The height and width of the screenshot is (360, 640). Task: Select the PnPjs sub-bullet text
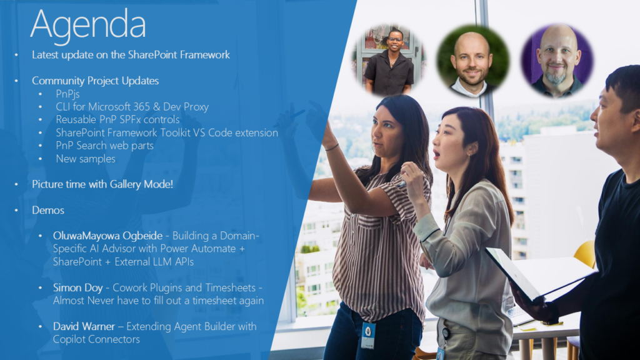click(x=67, y=94)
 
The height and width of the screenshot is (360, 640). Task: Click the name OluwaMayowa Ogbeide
click(x=107, y=236)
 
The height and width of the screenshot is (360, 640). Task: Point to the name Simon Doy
click(x=77, y=287)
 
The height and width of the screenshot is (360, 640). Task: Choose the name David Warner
click(x=84, y=326)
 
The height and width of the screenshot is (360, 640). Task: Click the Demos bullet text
click(x=48, y=210)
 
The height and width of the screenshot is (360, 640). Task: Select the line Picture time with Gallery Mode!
click(x=102, y=184)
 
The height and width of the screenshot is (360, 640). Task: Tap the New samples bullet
click(x=86, y=159)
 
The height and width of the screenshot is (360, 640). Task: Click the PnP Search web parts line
click(x=104, y=146)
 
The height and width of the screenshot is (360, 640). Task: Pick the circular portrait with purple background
click(x=557, y=61)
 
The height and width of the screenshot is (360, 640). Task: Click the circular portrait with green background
click(x=472, y=61)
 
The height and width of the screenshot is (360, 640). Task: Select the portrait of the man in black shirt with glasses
click(x=389, y=61)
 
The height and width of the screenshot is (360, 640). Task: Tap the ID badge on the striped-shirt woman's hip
click(x=367, y=335)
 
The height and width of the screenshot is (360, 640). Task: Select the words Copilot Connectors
click(x=96, y=339)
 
